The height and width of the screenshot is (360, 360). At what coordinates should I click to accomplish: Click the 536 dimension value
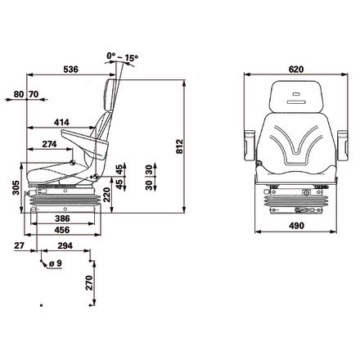(70, 70)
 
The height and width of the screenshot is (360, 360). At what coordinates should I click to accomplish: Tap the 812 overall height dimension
(179, 146)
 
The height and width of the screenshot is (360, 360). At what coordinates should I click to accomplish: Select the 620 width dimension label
(296, 70)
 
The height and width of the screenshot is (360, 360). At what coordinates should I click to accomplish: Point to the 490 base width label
(296, 226)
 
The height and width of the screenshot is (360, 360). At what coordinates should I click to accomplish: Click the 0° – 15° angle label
(123, 56)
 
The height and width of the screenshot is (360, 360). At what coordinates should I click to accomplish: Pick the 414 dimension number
(61, 122)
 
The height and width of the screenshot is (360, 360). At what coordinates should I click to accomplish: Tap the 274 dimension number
(49, 144)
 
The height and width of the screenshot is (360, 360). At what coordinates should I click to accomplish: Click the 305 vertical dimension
(16, 187)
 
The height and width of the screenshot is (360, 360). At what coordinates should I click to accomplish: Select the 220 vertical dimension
(106, 195)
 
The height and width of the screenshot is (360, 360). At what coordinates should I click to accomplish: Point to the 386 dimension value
(62, 218)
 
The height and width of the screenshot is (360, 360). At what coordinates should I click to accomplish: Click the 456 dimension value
(62, 230)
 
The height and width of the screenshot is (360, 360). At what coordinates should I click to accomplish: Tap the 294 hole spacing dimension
(65, 245)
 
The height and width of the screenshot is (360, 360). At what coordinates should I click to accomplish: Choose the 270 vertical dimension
(89, 283)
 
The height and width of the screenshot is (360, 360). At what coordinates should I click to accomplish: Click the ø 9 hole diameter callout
(56, 263)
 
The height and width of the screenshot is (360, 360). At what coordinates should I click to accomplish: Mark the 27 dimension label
(19, 245)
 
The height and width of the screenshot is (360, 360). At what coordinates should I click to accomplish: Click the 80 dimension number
(19, 94)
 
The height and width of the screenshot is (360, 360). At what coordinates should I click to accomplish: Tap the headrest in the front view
(296, 97)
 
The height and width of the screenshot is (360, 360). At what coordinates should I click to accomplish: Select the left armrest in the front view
(250, 146)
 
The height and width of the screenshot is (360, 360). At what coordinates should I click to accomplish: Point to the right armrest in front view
(343, 146)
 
